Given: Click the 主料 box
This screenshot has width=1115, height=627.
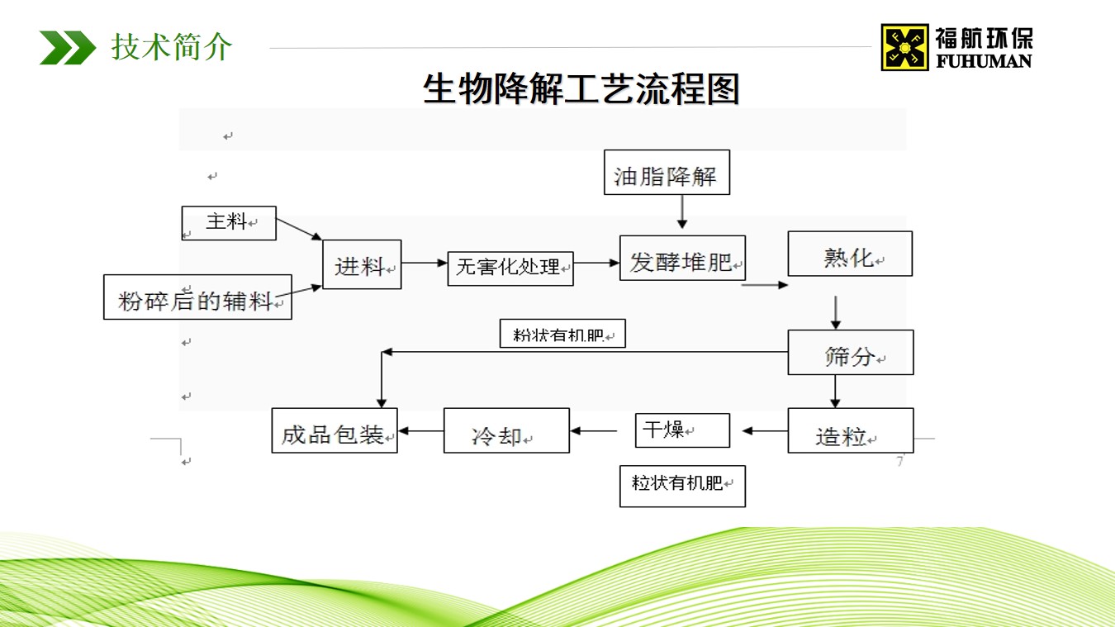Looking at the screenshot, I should click(x=229, y=223).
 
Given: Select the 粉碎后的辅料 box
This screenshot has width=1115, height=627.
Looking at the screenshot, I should click(x=197, y=297).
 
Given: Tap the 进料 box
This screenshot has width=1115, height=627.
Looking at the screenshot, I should click(x=362, y=264).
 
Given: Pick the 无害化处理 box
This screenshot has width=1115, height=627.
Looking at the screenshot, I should click(x=510, y=268).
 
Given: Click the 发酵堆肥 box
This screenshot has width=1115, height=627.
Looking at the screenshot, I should click(x=682, y=259).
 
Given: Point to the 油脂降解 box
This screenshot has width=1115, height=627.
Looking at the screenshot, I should click(x=667, y=173).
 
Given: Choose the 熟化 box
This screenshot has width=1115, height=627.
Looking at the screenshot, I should click(x=850, y=254).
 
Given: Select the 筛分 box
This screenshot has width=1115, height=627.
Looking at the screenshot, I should click(x=850, y=353).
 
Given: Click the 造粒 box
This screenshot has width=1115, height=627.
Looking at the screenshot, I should click(x=850, y=430).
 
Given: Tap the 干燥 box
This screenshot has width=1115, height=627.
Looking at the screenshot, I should click(x=682, y=430).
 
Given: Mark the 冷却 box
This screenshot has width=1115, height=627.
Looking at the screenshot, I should click(x=506, y=430).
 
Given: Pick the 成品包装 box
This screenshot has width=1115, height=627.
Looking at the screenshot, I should click(x=334, y=430).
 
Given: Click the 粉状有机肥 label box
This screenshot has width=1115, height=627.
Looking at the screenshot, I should click(x=562, y=334).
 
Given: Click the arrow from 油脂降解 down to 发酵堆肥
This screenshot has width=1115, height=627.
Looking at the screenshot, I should click(x=681, y=212).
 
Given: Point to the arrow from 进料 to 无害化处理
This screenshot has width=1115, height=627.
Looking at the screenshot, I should click(x=425, y=264).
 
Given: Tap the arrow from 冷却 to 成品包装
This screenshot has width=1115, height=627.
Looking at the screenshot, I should click(x=420, y=430).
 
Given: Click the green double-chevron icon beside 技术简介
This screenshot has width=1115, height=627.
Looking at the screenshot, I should click(x=68, y=48).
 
